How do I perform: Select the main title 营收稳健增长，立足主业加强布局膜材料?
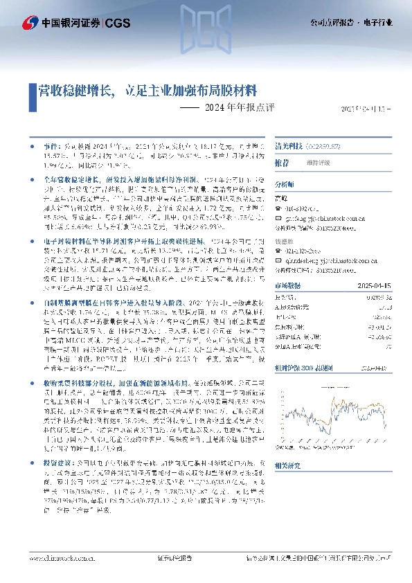pos(147,90)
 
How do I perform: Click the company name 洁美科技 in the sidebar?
pos(289,147)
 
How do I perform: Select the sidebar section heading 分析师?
pos(285,185)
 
